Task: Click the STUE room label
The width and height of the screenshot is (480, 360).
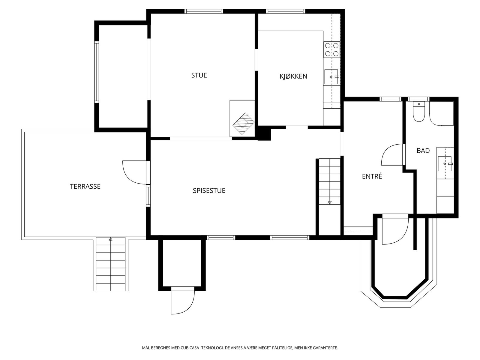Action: point(199,75)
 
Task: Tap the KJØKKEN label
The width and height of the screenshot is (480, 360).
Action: point(293,76)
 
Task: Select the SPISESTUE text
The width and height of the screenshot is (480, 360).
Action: point(209,190)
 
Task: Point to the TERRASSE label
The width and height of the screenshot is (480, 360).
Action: point(85,186)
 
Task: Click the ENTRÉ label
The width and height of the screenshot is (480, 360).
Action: point(372,176)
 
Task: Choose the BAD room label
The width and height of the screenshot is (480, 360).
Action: point(423,151)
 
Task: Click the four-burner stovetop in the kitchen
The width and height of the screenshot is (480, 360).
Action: point(331,49)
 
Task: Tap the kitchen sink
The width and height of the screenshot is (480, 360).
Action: point(331,77)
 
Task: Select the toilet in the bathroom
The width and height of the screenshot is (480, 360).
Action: point(418,112)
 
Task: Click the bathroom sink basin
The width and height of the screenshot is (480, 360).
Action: point(444,164)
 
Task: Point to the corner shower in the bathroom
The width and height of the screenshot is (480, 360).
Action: point(441,113)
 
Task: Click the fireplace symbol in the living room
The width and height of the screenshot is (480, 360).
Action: point(243,124)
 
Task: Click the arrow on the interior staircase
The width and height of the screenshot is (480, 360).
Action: point(329,202)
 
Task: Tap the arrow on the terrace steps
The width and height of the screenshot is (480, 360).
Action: point(110,239)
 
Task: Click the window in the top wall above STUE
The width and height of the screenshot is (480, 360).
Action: point(204,11)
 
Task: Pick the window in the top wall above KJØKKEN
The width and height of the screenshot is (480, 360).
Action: point(285,11)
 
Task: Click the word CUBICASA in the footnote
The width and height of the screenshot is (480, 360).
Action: point(190,348)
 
